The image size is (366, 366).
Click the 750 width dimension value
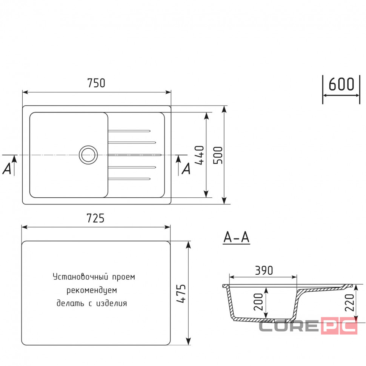click(x=96, y=83)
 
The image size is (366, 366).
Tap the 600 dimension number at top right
click(x=341, y=84)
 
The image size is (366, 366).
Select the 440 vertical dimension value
click(x=200, y=155)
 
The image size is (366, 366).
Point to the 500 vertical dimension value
click(x=218, y=155)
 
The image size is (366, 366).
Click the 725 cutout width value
click(x=95, y=218)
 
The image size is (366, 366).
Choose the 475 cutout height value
click(x=181, y=294)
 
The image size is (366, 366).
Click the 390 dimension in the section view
click(x=264, y=270)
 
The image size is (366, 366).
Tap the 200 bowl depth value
click(x=258, y=302)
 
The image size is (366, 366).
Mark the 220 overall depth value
click(x=349, y=303)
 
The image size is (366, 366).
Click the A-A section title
click(x=237, y=237)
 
